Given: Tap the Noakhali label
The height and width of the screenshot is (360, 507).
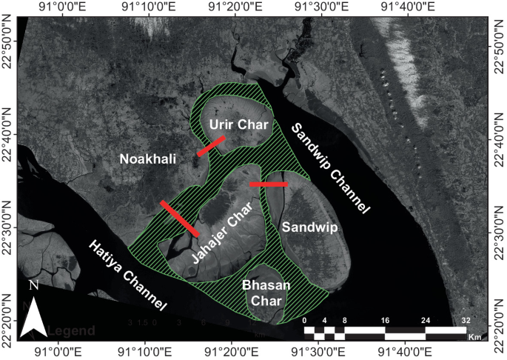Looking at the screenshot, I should (147, 159).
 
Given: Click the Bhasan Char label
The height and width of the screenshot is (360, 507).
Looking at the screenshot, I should (265, 292).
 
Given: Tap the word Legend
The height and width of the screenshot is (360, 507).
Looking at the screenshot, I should (71, 330).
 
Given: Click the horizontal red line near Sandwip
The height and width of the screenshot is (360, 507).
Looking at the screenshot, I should (269, 184).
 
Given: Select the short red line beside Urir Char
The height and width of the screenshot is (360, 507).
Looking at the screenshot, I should (211, 146).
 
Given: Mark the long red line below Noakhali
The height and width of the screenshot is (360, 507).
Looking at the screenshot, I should (180, 219).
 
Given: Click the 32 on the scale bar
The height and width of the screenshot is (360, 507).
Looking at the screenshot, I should (466, 320).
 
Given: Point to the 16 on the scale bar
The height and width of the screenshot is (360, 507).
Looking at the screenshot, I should (385, 320).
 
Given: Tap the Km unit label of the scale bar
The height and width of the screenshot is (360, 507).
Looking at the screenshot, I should (474, 337).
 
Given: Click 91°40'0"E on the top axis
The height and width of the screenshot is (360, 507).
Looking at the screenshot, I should (407, 7).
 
